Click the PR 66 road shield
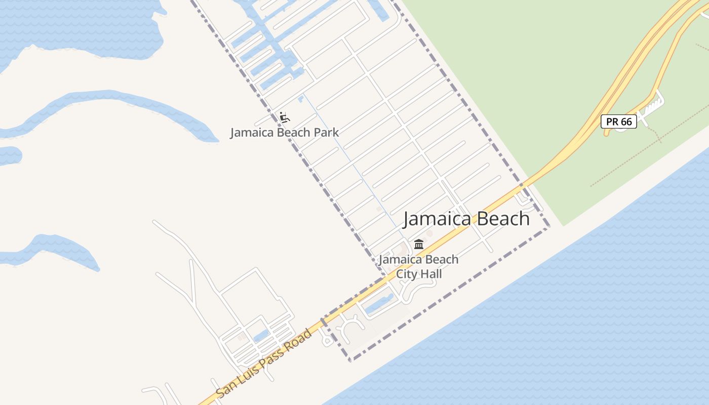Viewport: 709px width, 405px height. point(619,121)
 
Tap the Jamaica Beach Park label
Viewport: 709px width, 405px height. point(284,133)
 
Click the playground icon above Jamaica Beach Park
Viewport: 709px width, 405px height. point(284,117)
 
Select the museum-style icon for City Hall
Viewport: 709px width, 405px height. point(419,245)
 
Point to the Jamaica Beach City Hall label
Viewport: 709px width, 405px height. point(419,266)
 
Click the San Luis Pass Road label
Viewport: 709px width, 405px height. point(263,362)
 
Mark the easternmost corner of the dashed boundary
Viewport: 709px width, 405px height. point(549,227)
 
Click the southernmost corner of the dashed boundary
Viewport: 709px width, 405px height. point(350,360)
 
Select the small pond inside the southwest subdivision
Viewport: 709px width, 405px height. point(261,336)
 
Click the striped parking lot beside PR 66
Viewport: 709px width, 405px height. point(653,105)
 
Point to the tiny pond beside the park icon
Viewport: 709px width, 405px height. point(301,98)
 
